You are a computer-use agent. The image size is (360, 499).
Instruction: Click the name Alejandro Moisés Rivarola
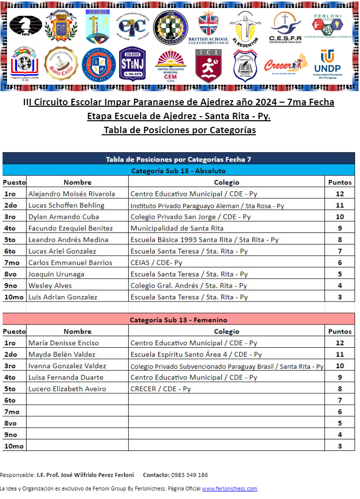[72, 194]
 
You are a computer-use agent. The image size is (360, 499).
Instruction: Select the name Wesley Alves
[50, 286]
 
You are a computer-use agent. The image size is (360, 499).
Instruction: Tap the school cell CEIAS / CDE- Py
[156, 263]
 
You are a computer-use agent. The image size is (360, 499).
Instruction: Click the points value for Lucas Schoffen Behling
[339, 205]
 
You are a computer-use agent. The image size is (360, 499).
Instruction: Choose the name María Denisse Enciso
[64, 343]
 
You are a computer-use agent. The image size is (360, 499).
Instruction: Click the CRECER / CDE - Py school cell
[161, 389]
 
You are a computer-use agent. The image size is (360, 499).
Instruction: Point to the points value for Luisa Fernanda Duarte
[339, 377]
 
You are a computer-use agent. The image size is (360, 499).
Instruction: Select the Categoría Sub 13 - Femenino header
[178, 320]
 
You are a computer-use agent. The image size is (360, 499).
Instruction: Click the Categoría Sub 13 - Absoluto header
[178, 171]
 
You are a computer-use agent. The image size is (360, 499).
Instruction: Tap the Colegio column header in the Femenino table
[226, 331]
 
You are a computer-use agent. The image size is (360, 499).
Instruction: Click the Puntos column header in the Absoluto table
[339, 182]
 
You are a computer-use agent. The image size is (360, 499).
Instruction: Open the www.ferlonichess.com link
[229, 488]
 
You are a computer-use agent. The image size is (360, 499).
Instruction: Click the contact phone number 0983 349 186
[189, 475]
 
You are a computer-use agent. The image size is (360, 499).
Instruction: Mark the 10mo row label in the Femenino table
[14, 446]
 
